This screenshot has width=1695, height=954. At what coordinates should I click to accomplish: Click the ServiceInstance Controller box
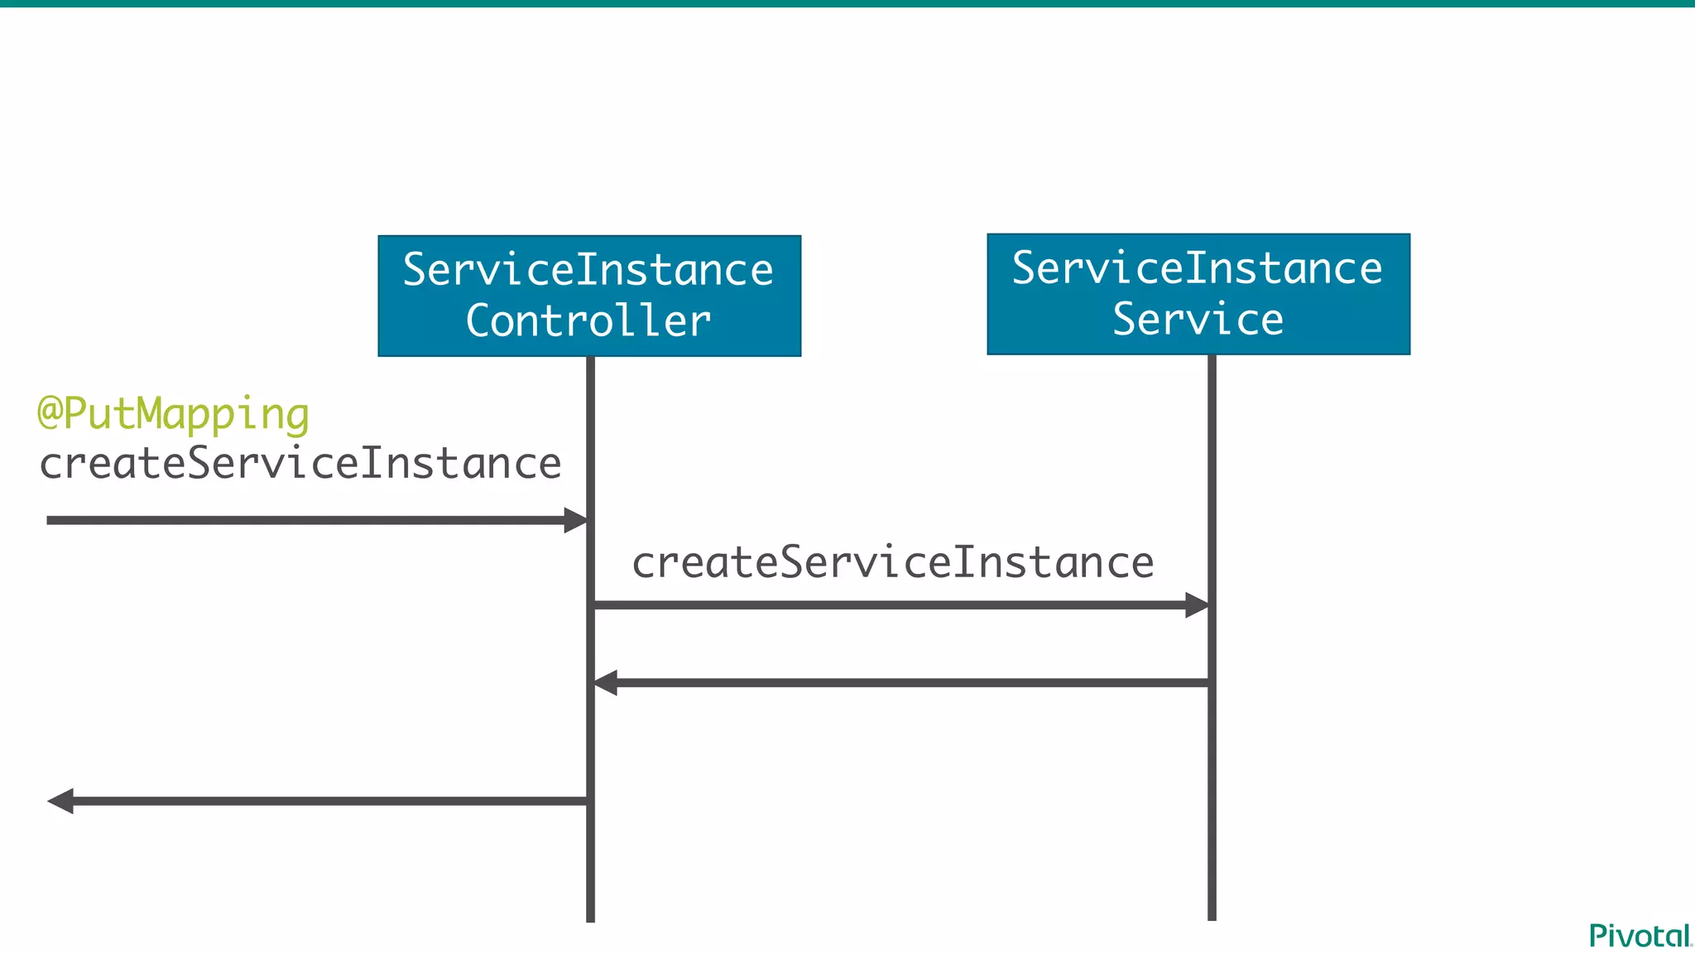coord(589,296)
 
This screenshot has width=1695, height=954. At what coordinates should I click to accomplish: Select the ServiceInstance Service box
coord(1198,294)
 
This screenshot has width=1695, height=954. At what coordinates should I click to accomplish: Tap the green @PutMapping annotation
coord(174,413)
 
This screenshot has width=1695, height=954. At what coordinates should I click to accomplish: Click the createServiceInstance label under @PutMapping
coord(300,463)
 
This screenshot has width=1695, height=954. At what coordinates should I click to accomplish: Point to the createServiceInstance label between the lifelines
coord(892,562)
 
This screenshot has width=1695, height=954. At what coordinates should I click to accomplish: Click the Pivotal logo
coord(1640,936)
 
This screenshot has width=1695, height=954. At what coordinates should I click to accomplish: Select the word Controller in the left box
coord(588,321)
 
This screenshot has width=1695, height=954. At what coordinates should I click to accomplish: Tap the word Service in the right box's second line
coord(1198,320)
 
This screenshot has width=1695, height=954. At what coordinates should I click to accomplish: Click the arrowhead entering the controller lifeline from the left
coord(575,520)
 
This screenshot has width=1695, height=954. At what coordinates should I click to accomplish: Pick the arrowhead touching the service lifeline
coord(1197,605)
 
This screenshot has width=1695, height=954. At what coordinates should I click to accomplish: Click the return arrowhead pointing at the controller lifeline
coord(605,683)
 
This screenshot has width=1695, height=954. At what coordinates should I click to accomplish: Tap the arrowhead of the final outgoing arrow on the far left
coord(60,801)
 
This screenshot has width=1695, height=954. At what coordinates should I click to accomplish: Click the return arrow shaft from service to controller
coord(910,683)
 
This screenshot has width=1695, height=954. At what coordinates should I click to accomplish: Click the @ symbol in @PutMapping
coord(50,413)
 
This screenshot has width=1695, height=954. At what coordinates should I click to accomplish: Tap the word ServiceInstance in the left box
coord(588,270)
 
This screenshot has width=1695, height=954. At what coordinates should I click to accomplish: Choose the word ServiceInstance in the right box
coord(1198,268)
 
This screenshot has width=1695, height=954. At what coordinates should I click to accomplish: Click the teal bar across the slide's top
coord(847,3)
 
